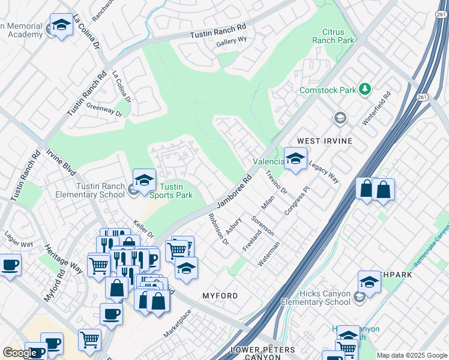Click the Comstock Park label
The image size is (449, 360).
(328, 90)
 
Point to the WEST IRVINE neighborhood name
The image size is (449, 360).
(325, 140)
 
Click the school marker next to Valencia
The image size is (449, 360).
(295, 158)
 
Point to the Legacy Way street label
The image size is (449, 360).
(324, 173)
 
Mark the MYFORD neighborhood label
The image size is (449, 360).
(220, 296)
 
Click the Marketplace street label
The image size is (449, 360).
(178, 323)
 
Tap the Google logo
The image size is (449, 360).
(20, 353)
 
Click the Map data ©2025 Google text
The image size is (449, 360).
(411, 355)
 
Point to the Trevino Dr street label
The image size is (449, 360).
(277, 182)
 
